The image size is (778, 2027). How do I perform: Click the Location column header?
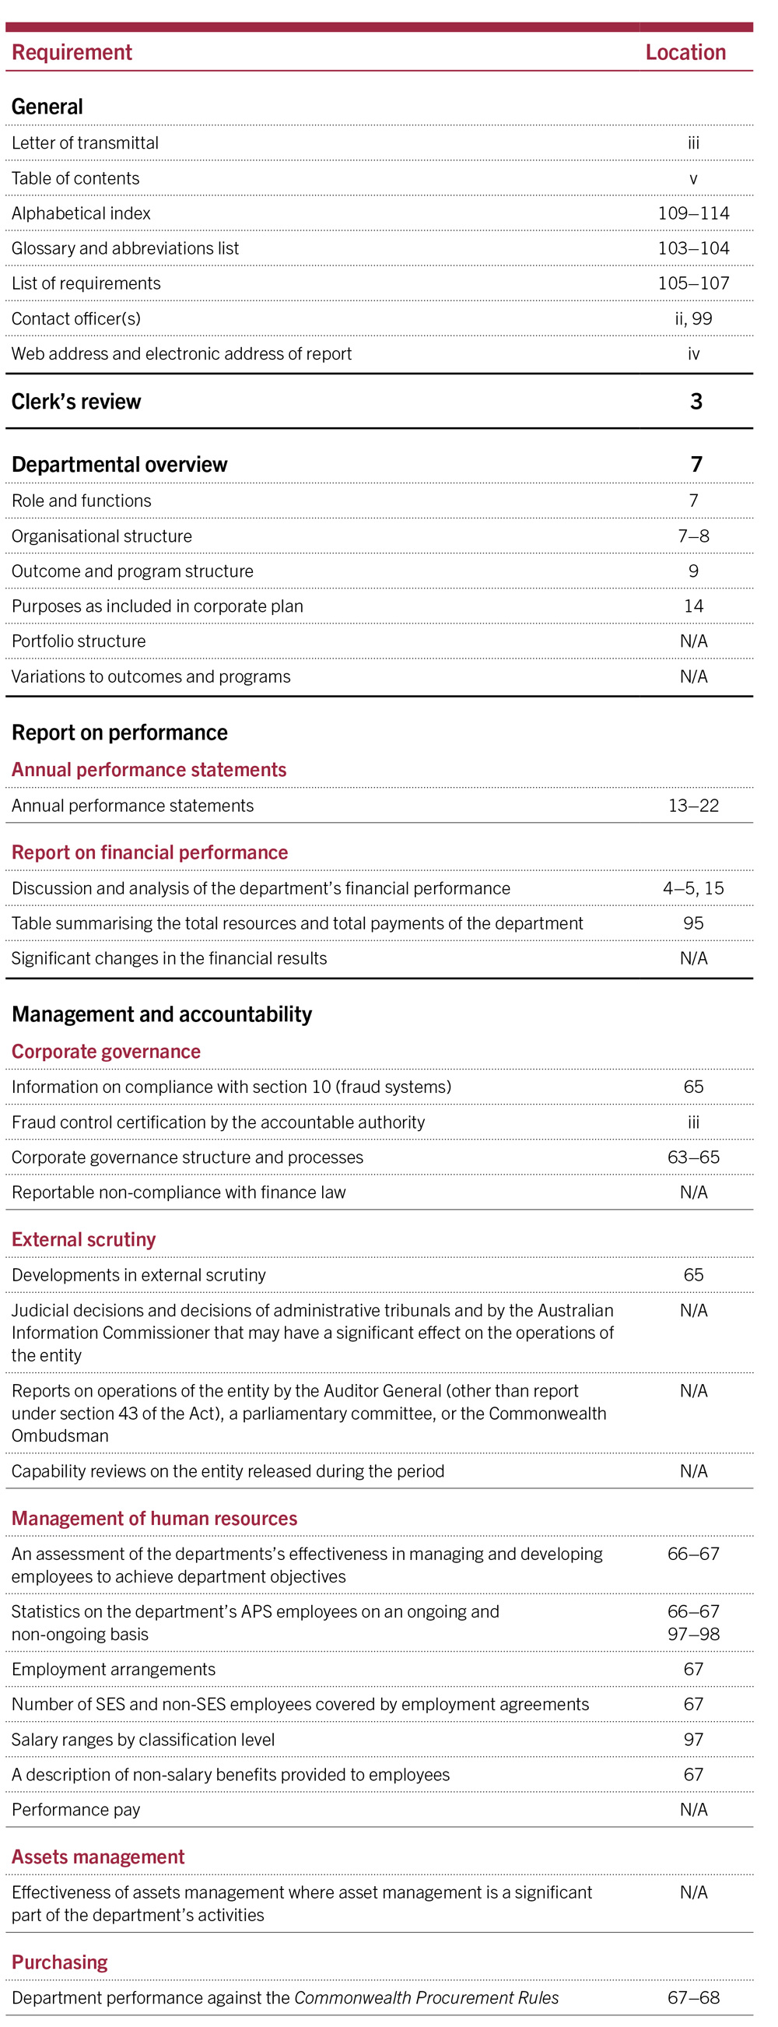point(685,53)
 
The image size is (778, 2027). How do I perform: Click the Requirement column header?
point(72,53)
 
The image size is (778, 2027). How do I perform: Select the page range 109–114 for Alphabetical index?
point(692,213)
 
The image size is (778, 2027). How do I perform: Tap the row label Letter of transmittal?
point(85,143)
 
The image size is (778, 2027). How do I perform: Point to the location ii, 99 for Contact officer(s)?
point(692,318)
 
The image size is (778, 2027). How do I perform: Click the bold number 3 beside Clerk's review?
point(696,402)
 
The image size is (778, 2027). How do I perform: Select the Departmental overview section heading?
point(120,465)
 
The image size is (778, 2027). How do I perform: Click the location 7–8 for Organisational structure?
point(692,536)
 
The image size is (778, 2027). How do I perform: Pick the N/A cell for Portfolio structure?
point(692,641)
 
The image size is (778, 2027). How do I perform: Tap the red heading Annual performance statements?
point(149,770)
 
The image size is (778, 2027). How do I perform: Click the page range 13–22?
point(692,806)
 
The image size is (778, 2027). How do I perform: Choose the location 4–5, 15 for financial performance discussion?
point(692,888)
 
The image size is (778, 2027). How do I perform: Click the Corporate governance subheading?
point(107,1052)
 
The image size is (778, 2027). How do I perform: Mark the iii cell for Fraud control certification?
point(692,1122)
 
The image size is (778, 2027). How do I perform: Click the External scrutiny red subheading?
point(83,1239)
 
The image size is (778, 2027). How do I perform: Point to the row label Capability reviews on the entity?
point(228,1470)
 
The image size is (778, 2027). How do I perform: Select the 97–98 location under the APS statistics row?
point(692,1635)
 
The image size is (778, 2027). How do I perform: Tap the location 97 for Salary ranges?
point(692,1740)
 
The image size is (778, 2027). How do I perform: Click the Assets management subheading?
point(98,1857)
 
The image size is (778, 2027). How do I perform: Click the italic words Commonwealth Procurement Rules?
point(426,1998)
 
